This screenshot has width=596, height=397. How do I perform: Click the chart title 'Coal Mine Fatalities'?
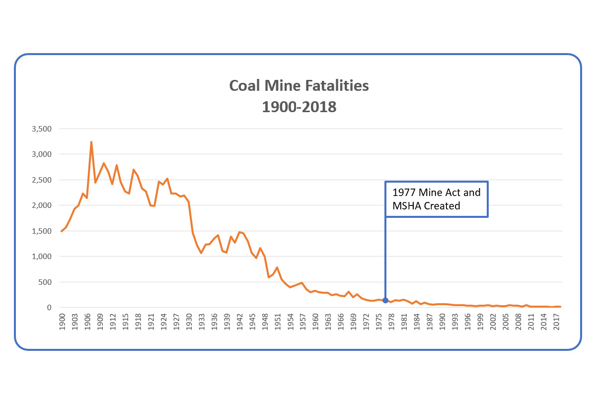(x=298, y=86)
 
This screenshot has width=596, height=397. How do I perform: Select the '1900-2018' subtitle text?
(x=298, y=106)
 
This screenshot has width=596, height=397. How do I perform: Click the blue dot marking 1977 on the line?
(x=385, y=301)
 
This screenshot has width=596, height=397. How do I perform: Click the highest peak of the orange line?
(x=91, y=142)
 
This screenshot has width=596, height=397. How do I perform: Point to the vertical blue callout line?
(x=385, y=258)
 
